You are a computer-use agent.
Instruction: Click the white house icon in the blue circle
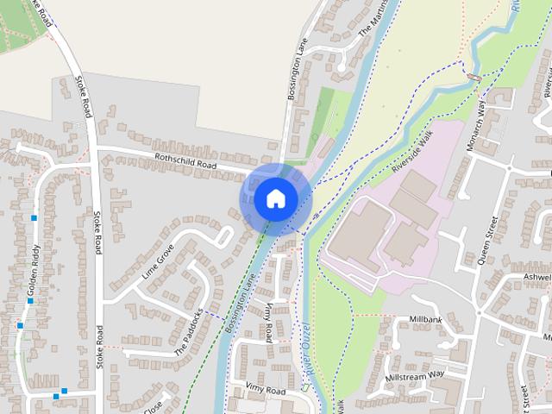[x=274, y=198]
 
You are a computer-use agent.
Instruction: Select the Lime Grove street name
[x=158, y=264]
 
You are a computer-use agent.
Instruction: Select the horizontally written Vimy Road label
[x=264, y=391]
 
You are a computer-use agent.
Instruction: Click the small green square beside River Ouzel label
[x=304, y=387]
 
